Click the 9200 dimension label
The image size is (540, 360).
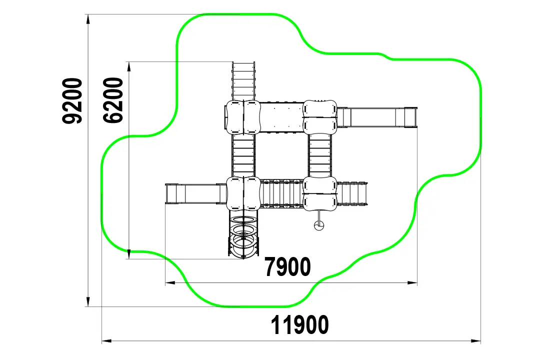(72, 100)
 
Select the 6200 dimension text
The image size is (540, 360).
(113, 100)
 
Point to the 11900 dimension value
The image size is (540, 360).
(299, 324)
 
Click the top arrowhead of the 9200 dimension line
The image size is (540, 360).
(88, 19)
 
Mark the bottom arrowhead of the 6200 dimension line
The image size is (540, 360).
(129, 254)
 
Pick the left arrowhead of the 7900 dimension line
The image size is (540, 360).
(170, 283)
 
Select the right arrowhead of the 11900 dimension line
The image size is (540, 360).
(476, 341)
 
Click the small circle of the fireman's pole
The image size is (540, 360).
(319, 225)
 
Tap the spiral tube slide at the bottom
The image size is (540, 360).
(243, 236)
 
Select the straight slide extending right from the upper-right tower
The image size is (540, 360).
(377, 117)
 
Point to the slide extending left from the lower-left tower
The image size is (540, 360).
(196, 194)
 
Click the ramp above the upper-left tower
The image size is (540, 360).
(243, 81)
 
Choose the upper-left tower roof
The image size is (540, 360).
(243, 117)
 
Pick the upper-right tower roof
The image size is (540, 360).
(319, 117)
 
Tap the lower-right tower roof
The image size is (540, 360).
(319, 194)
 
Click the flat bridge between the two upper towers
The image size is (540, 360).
(281, 117)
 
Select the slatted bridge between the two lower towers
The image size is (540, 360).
(281, 194)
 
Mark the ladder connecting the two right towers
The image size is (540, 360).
(319, 155)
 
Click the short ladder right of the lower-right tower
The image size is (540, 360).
(352, 194)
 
